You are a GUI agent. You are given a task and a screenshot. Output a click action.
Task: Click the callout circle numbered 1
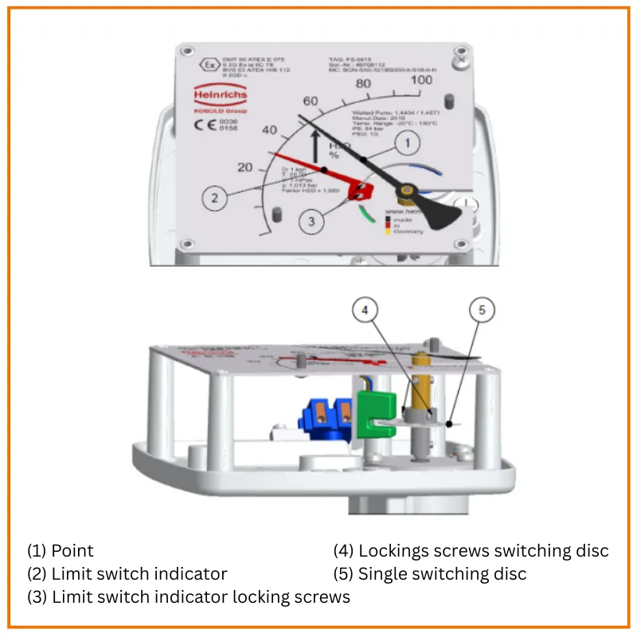[408, 143]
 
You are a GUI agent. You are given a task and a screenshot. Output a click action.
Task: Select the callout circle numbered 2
[213, 198]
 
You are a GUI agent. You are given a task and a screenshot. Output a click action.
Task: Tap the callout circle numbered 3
[312, 221]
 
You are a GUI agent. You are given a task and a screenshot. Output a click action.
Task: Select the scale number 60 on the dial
[310, 100]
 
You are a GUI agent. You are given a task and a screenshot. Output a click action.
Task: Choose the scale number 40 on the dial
[269, 131]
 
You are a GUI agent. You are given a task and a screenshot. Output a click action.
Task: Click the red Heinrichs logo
[221, 96]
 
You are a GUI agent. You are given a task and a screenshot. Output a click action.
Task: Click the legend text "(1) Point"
[61, 550]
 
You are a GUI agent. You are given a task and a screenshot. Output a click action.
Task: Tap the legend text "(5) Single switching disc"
[430, 573]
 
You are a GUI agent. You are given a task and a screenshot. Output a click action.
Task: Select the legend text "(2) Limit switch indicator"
[127, 573]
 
